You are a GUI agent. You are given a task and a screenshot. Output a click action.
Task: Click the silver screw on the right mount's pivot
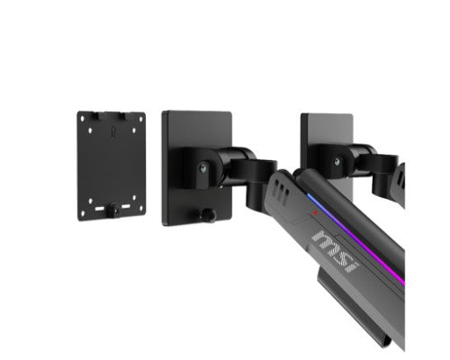(x=337, y=162)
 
